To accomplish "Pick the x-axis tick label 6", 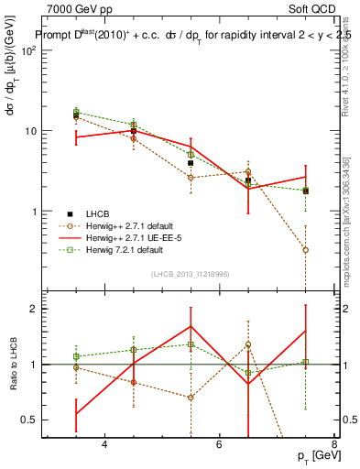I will pyautogui.click(x=219, y=444).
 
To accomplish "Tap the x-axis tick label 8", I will pyautogui.click(x=333, y=444).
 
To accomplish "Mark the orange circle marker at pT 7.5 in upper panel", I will pyautogui.click(x=305, y=249).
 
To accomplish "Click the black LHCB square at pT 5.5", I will pyautogui.click(x=191, y=164).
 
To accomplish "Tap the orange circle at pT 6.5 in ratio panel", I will pyautogui.click(x=248, y=345).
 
